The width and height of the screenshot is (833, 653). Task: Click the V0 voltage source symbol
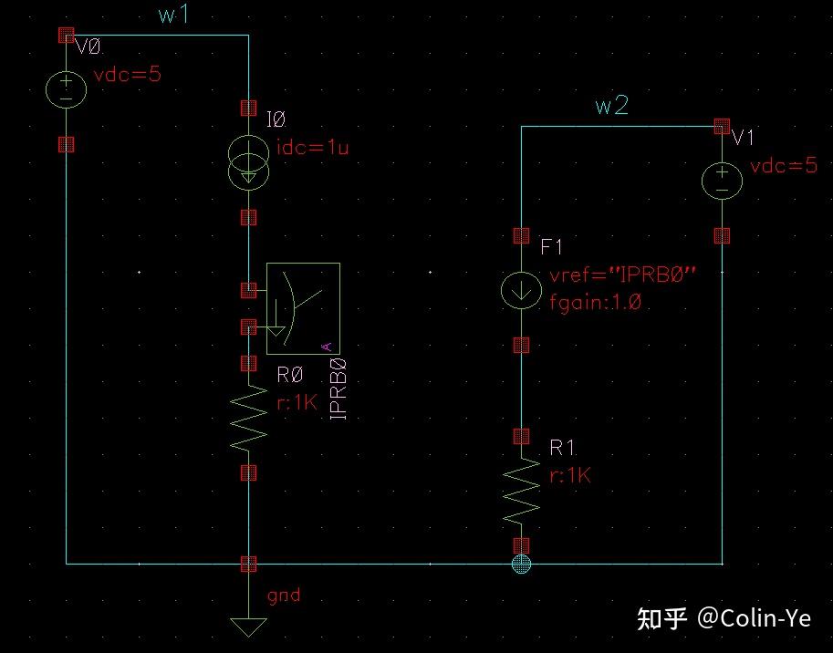tap(66, 89)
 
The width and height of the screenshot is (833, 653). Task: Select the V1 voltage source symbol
tap(722, 180)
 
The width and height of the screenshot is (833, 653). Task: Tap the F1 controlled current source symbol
tap(521, 291)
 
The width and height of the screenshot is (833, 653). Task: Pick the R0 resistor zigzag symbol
tap(248, 419)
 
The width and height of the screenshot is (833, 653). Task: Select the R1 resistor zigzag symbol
tap(521, 490)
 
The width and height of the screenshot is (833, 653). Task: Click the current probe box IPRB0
tap(302, 308)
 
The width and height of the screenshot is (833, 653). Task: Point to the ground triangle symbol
tap(248, 627)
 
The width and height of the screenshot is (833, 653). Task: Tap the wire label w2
tap(611, 106)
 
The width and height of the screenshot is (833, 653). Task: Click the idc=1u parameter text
tap(311, 148)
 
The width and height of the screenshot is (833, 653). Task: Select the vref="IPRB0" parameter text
tap(623, 275)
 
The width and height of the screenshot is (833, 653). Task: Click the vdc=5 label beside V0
tap(127, 75)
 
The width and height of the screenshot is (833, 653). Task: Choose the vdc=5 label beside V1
tap(783, 166)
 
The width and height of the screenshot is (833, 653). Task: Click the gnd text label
tap(284, 596)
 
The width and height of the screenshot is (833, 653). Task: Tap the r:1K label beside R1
tap(570, 475)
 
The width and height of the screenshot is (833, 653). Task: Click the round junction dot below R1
tap(521, 564)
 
